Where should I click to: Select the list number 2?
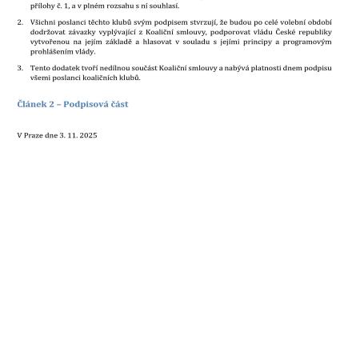[x=20, y=22]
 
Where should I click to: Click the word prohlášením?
[x=52, y=51]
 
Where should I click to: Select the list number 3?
[x=20, y=68]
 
